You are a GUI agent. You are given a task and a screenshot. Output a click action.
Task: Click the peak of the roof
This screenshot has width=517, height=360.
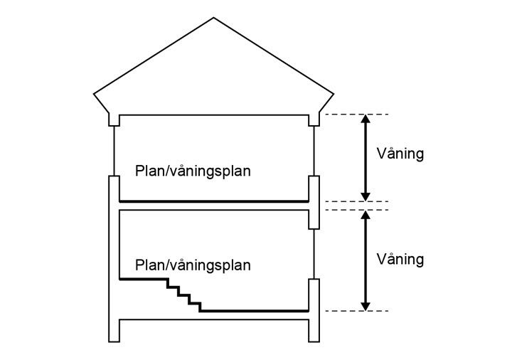click(214, 18)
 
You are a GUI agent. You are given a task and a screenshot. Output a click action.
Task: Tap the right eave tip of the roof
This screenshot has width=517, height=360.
click(334, 92)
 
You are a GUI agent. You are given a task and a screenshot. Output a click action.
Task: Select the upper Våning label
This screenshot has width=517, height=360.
click(400, 154)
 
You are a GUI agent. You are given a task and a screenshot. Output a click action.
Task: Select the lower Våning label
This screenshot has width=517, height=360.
click(400, 259)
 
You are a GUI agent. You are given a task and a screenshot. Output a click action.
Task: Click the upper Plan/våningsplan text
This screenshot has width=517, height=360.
click(193, 171)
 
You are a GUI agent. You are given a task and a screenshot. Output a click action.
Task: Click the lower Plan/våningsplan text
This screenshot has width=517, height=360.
click(193, 265)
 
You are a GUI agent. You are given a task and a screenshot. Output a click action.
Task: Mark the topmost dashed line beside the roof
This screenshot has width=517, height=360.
click(356, 114)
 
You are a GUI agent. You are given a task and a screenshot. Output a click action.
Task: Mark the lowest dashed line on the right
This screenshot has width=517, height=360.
click(356, 311)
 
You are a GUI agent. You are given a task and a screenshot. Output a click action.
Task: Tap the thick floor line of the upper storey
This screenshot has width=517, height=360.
click(213, 201)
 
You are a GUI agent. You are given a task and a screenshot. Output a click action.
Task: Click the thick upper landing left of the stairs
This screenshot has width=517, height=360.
click(142, 280)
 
